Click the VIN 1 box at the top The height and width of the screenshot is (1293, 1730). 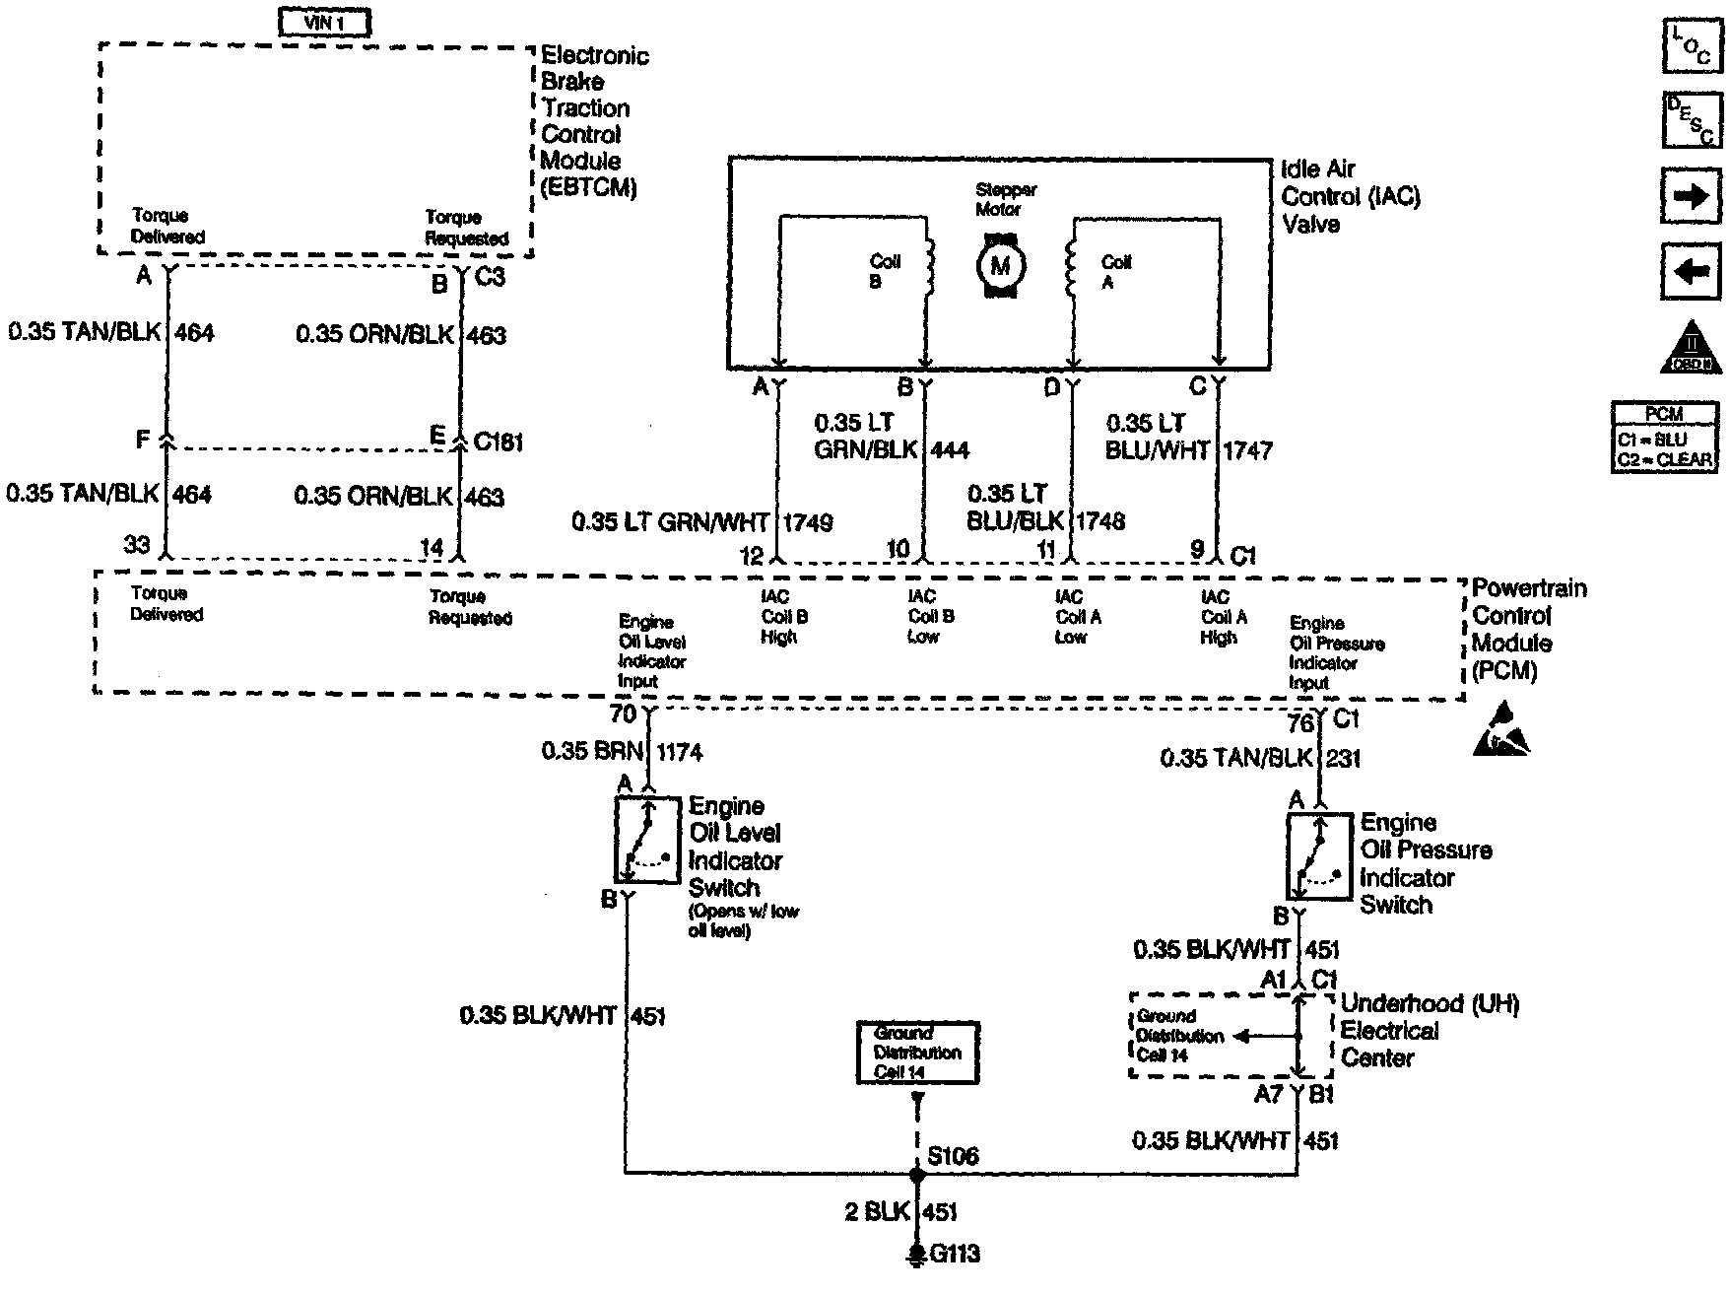tap(325, 22)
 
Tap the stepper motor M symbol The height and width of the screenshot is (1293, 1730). tap(1001, 264)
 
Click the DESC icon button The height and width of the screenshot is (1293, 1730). tap(1693, 120)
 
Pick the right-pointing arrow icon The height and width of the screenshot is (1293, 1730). tap(1692, 196)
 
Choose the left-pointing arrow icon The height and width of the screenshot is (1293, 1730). tap(1692, 270)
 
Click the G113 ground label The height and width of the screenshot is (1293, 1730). tap(955, 1255)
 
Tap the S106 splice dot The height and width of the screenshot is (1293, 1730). tap(917, 1175)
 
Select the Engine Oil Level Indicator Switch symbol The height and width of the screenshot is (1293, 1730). tap(647, 841)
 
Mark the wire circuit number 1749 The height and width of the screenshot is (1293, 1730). tap(808, 522)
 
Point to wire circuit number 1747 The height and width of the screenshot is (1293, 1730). tap(1247, 450)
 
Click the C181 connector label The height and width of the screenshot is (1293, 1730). tap(498, 442)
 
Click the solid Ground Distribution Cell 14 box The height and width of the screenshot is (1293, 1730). tap(917, 1053)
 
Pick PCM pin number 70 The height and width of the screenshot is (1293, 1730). tap(623, 714)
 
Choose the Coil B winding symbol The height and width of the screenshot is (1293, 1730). tap(926, 264)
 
